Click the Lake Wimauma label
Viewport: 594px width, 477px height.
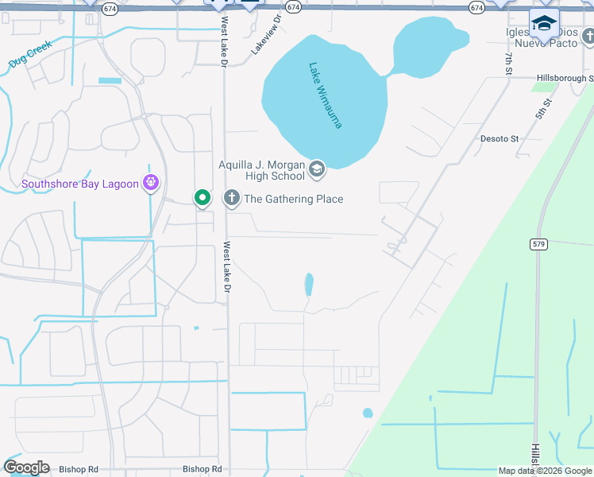325,95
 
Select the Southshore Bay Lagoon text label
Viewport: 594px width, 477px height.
79,184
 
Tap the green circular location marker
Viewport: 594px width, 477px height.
202,197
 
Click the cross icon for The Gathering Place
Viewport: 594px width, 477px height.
232,198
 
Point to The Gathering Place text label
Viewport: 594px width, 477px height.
294,199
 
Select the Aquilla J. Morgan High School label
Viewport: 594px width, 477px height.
261,170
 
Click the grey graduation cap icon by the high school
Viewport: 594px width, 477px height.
317,168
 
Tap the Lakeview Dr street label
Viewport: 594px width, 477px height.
267,34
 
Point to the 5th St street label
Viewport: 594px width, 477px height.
543,109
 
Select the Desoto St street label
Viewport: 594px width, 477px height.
499,138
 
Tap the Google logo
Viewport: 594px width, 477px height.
26,467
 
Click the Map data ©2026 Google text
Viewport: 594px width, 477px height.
545,471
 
